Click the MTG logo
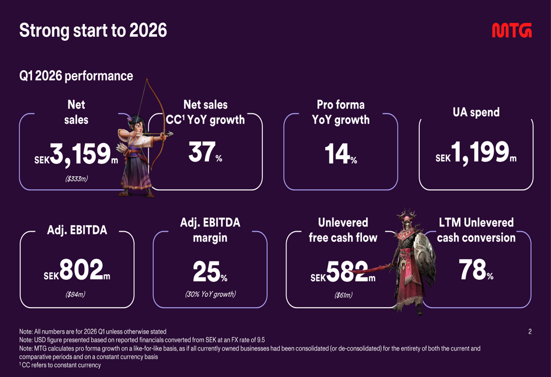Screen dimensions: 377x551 [511, 31]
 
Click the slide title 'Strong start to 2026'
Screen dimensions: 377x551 [93, 31]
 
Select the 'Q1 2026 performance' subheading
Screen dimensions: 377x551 [76, 76]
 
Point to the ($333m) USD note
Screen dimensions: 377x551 [75, 178]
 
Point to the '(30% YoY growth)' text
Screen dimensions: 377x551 [210, 294]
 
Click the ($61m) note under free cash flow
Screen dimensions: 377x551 [343, 295]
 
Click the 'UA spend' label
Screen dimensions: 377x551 [476, 112]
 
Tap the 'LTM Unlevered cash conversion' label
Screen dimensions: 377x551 [476, 230]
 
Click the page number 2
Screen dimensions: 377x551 [530, 331]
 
